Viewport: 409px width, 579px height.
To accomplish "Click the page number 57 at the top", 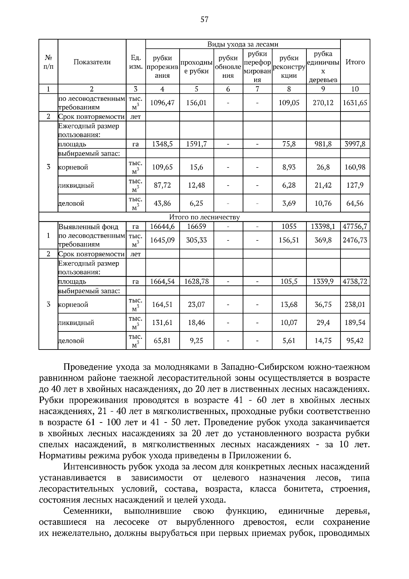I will (204, 19).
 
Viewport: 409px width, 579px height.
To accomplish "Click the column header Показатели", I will (92, 62).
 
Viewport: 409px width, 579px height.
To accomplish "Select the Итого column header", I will (355, 62).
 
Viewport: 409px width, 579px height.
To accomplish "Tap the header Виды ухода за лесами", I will (243, 44).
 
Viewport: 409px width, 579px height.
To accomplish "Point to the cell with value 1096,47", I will (162, 103).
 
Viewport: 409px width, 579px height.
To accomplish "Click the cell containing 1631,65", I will (355, 103).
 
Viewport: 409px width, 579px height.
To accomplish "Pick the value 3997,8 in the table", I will (355, 144).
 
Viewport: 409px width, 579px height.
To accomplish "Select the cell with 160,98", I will (355, 167).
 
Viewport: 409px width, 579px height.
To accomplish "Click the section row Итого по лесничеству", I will (204, 217).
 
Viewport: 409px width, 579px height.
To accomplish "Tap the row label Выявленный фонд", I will (89, 227).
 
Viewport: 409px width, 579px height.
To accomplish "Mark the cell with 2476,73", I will (355, 240).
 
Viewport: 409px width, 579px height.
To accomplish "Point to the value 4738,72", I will (355, 282).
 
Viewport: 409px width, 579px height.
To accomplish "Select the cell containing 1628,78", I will (196, 282).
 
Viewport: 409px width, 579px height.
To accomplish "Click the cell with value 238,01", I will (355, 305).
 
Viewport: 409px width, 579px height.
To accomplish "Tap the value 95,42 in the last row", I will (355, 341).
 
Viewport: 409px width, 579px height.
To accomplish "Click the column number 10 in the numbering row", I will (355, 89).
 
